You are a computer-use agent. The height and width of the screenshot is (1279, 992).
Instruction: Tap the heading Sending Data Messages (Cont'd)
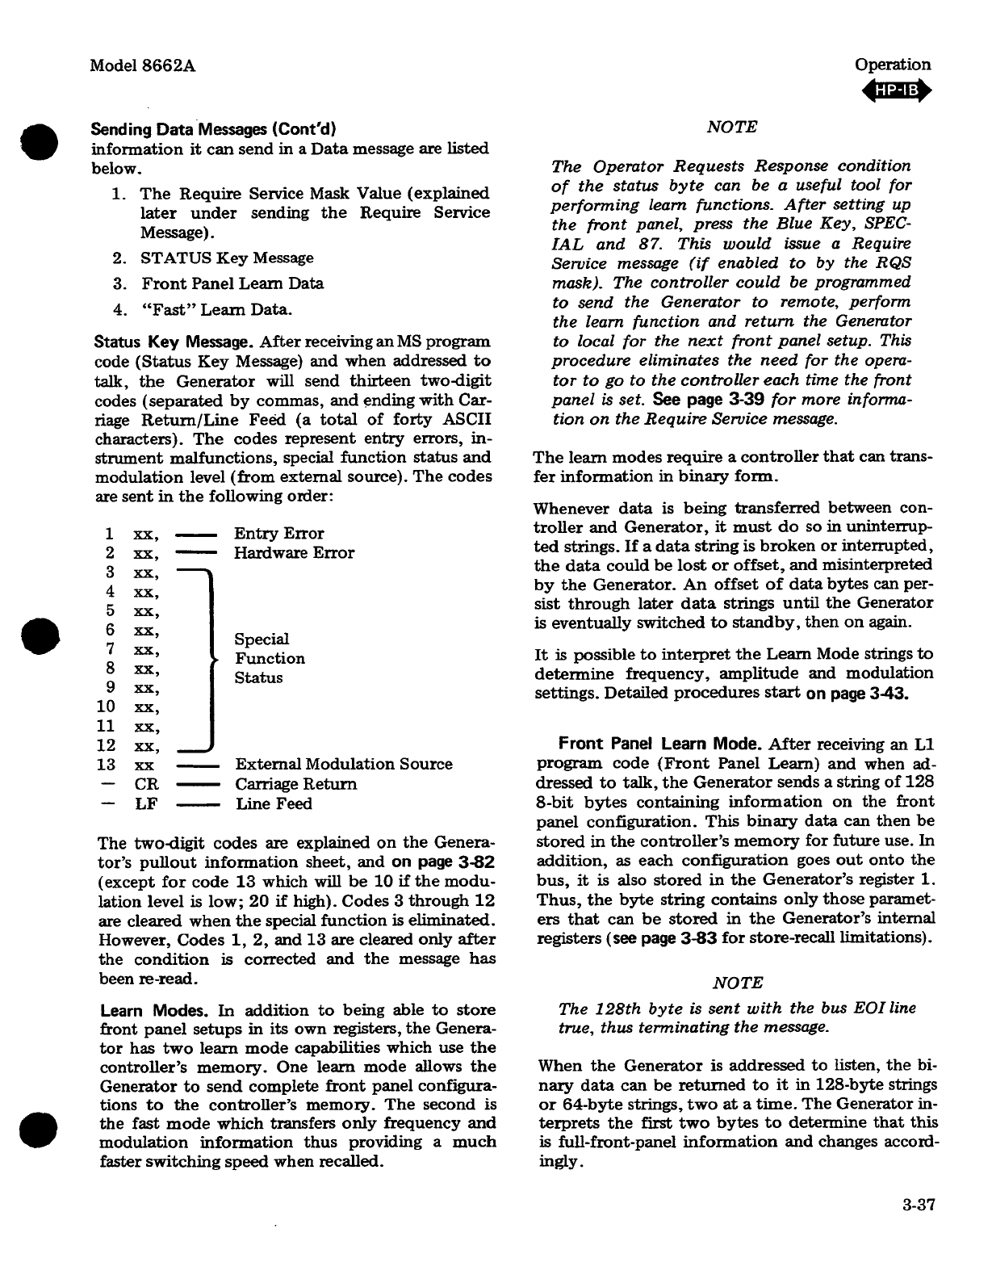214,129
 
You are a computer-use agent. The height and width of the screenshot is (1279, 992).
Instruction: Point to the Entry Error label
278,534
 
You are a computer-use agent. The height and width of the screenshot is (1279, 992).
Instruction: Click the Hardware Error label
294,553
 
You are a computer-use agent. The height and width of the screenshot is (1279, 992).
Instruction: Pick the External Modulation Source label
344,765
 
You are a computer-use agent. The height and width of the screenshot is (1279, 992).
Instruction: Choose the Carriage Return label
295,784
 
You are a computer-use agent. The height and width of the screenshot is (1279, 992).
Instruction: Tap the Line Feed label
274,804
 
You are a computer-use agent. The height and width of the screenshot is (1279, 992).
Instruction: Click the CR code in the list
145,784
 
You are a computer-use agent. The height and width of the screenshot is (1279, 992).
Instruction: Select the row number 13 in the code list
106,765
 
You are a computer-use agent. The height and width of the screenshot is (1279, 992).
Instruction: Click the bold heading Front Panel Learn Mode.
661,744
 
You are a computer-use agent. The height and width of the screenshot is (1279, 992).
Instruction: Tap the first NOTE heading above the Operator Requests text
731,127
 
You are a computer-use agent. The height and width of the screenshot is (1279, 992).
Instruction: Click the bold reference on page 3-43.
857,693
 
